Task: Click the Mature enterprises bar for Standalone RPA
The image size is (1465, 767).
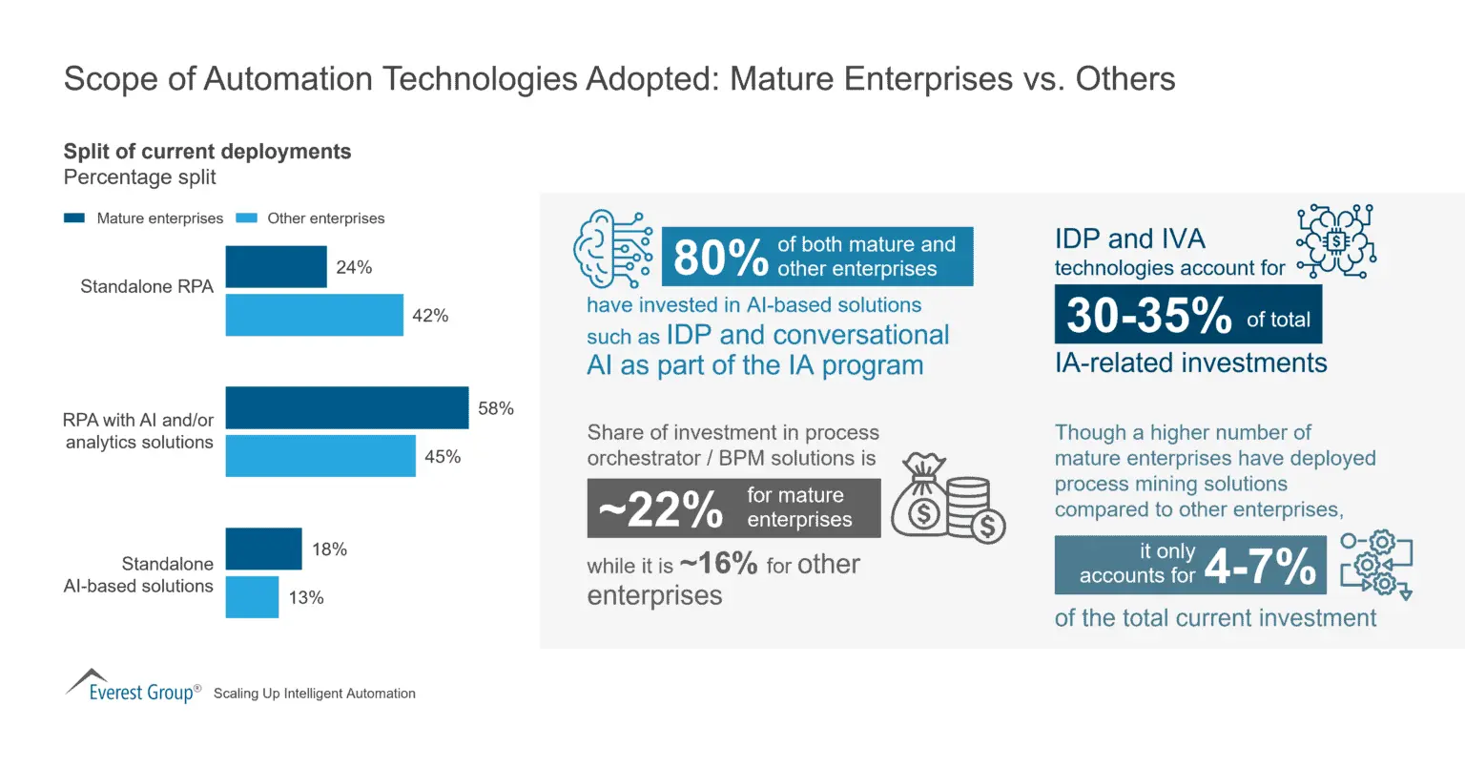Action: [x=276, y=267]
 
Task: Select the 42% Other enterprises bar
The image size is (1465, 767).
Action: [x=314, y=315]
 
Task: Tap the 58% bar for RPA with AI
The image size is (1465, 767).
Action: [x=346, y=407]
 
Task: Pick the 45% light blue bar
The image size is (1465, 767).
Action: [x=320, y=456]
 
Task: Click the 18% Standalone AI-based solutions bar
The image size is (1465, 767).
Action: [x=263, y=549]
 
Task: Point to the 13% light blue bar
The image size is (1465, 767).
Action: [x=252, y=597]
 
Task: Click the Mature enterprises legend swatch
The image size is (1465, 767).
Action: [x=74, y=218]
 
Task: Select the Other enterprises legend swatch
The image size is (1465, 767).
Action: [x=246, y=218]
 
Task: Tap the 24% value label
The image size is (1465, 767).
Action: [x=354, y=268]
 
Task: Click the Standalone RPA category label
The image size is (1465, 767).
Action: [x=147, y=286]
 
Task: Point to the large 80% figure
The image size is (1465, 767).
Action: [x=720, y=258]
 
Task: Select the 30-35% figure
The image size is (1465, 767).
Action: [x=1148, y=315]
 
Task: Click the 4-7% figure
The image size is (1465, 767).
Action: [x=1260, y=566]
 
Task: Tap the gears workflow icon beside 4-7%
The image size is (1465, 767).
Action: [x=1375, y=566]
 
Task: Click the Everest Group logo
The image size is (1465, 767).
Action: [x=133, y=686]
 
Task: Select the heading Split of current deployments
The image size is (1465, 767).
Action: [x=207, y=152]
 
